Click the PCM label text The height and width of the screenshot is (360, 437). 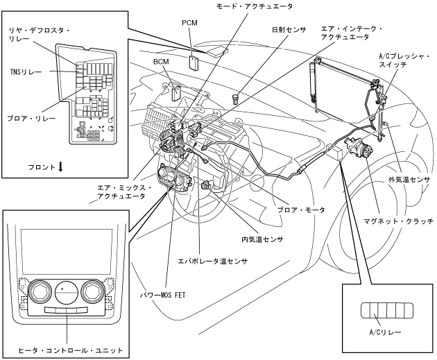tap(189, 23)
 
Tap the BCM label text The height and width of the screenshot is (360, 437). tap(161, 62)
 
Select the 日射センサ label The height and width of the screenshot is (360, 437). tap(289, 30)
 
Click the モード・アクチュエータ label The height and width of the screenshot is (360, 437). tap(255, 6)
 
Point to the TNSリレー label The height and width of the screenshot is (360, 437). tap(26, 72)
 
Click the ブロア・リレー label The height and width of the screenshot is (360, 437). tap(31, 119)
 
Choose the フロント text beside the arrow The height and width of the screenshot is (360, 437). tap(42, 167)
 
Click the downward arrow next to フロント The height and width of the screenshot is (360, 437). tap(61, 167)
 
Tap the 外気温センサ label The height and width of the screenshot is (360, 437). tap(409, 180)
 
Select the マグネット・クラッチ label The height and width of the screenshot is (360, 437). tap(399, 222)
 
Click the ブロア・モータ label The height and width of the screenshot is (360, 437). tap(301, 209)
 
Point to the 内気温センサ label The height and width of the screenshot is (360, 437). tap(262, 239)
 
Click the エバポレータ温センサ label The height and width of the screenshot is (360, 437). tap(213, 262)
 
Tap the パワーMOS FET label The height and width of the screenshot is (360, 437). tap(163, 295)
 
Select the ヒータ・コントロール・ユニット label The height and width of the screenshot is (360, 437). tap(71, 350)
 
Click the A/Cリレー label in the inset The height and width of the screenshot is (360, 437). tap(385, 332)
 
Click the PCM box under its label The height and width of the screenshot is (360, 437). tap(194, 62)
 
